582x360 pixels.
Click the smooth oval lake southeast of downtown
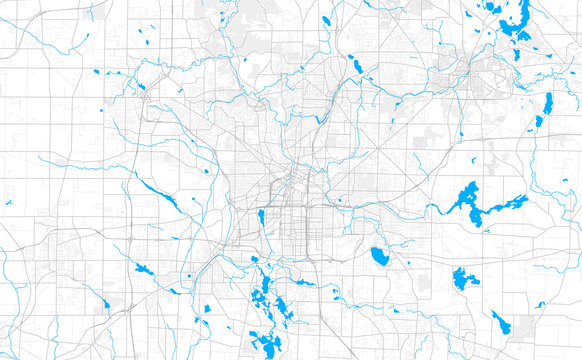[x=379, y=256]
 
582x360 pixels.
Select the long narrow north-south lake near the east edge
[x=547, y=104]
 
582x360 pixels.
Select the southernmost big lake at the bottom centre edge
[x=268, y=343]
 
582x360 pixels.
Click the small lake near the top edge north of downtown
[x=326, y=19]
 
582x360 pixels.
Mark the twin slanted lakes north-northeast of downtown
[x=356, y=67]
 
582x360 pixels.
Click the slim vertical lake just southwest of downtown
[x=261, y=217]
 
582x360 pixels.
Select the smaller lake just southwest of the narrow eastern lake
[x=538, y=122]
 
